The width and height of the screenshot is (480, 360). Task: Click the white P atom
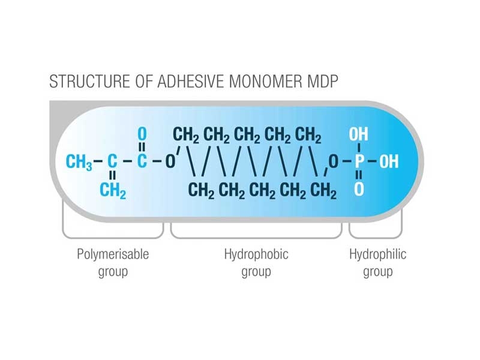click(359, 162)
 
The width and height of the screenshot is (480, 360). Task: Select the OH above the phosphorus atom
click(359, 134)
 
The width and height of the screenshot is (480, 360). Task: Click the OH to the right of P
click(388, 162)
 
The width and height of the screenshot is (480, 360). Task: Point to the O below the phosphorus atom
click(359, 191)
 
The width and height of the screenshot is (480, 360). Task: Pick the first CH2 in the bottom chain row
click(202, 191)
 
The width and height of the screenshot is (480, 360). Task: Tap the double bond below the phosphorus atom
click(359, 177)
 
